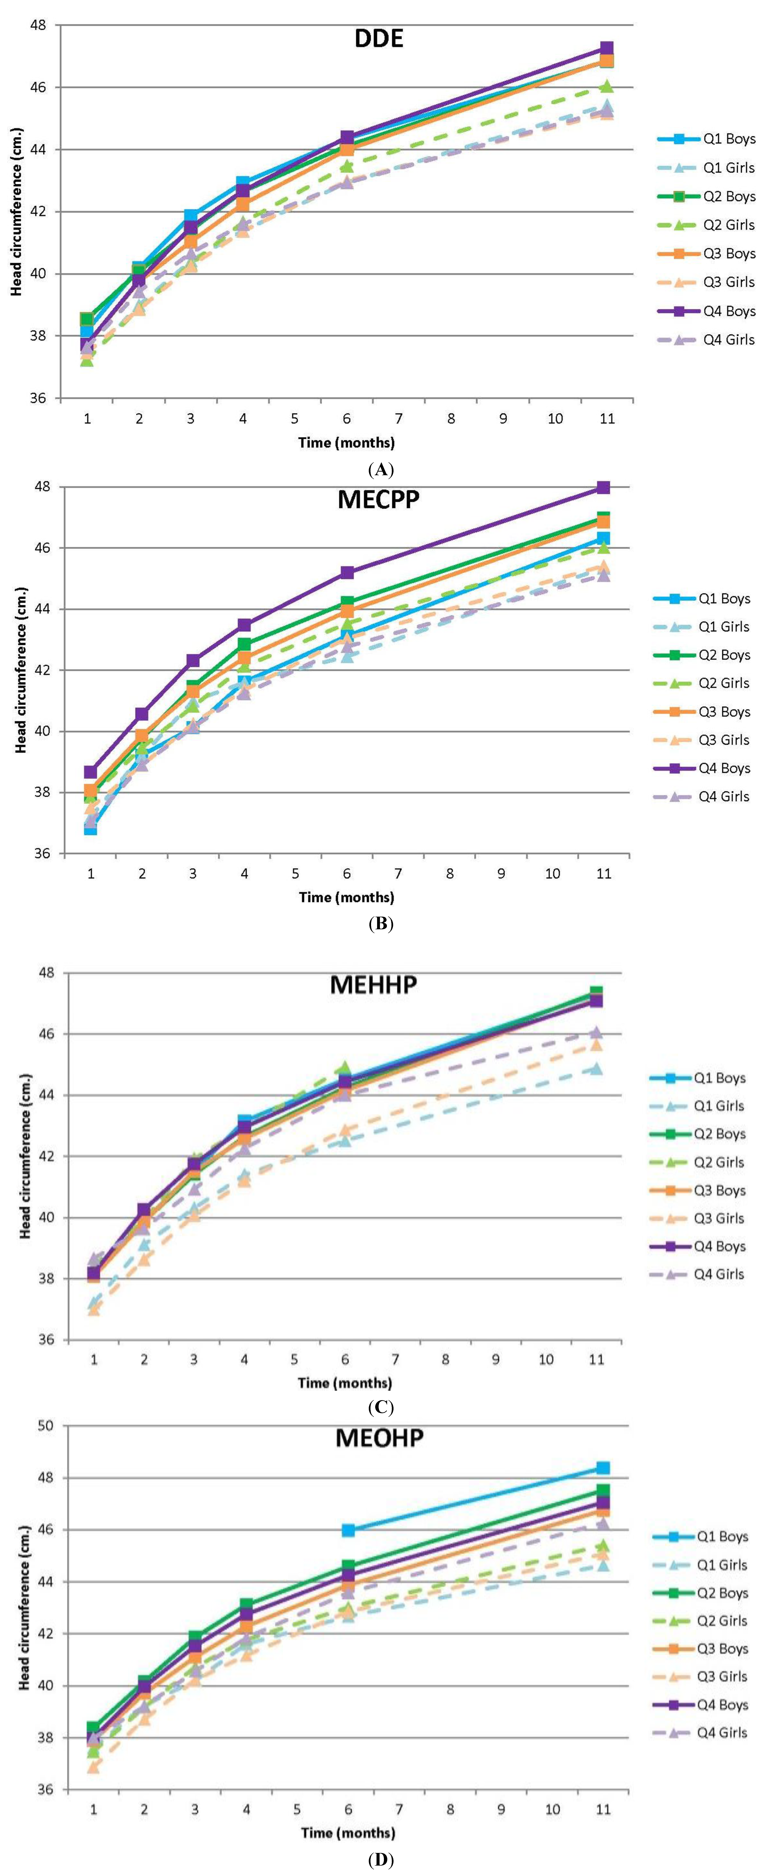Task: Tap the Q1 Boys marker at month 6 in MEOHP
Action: pyautogui.click(x=348, y=1530)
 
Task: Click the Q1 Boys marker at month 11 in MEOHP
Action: pyautogui.click(x=603, y=1468)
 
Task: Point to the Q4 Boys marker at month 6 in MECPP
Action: pyautogui.click(x=347, y=573)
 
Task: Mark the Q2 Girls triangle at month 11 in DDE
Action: pyautogui.click(x=606, y=87)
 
